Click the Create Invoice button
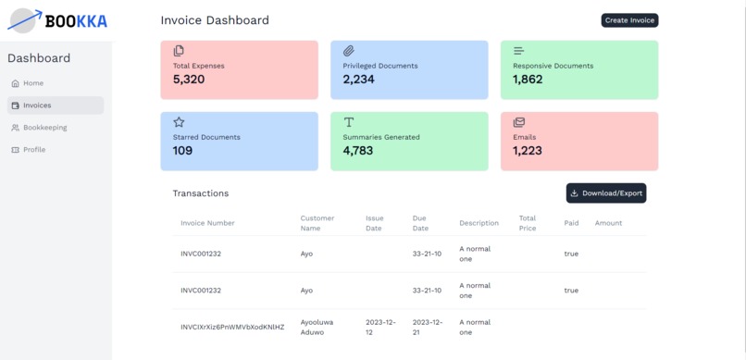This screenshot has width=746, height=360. (629, 20)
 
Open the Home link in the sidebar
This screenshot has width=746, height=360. (32, 83)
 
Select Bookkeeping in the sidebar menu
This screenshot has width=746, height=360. (44, 128)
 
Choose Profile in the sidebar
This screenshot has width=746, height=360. (33, 150)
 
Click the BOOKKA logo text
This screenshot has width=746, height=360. (76, 21)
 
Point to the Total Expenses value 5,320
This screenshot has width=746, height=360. (189, 80)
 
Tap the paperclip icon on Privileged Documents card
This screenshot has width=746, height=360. (349, 51)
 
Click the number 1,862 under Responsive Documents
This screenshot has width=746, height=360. (528, 80)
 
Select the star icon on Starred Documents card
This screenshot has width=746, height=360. (179, 122)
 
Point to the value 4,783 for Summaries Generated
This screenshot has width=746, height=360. (358, 151)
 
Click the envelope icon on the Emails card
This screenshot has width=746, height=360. (519, 122)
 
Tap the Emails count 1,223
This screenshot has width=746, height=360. (528, 151)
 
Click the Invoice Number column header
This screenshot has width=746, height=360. (207, 223)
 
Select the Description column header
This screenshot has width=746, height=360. (479, 223)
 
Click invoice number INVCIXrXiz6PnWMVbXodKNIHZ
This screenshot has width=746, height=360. (232, 328)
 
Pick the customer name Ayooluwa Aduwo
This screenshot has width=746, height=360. (316, 327)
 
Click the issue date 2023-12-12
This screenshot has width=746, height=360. (380, 327)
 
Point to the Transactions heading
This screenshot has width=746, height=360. (200, 193)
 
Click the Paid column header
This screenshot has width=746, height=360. (571, 223)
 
